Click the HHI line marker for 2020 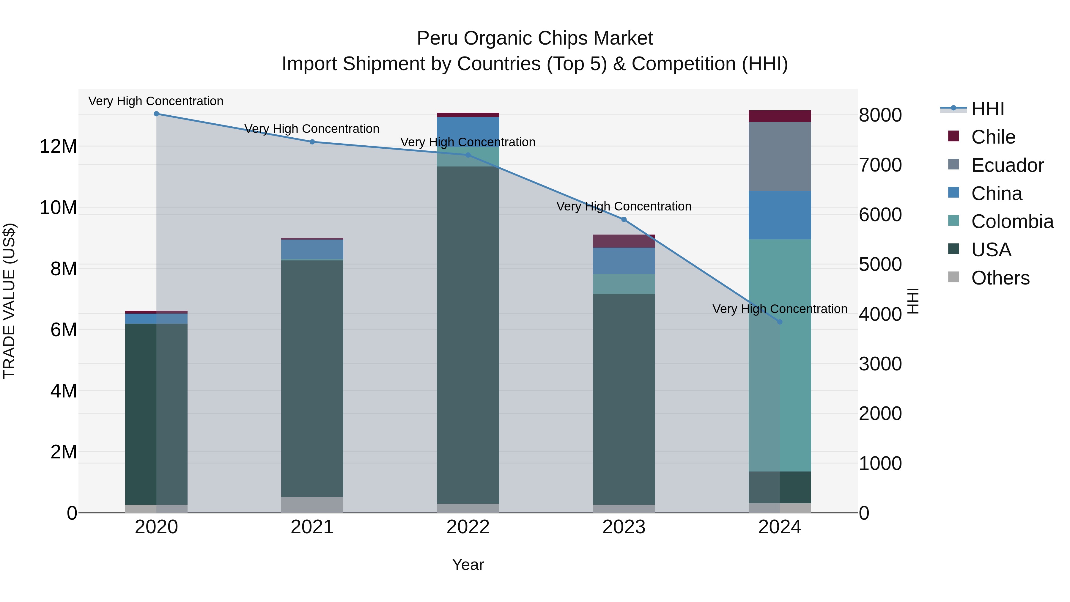click(156, 114)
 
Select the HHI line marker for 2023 click(624, 219)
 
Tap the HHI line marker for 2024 click(779, 322)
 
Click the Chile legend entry click(993, 137)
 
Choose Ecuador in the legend click(1007, 165)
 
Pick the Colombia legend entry click(1012, 221)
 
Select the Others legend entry click(1000, 278)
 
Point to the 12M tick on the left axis click(58, 147)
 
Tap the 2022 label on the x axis click(468, 527)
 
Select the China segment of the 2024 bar click(779, 215)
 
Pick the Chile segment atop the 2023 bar click(624, 241)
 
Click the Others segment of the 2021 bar click(312, 504)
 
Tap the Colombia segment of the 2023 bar click(624, 284)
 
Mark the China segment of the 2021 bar click(312, 249)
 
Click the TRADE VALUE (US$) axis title click(9, 301)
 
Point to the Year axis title click(468, 565)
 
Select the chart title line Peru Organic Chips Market click(535, 38)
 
